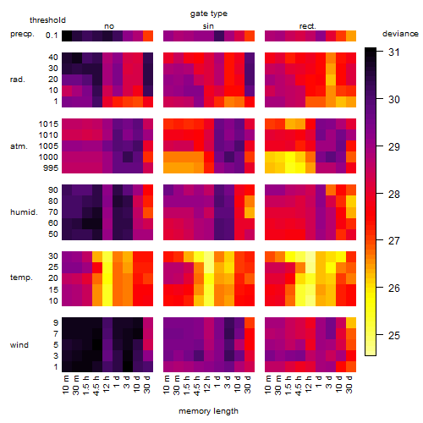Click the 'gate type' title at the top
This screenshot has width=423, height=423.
click(x=209, y=14)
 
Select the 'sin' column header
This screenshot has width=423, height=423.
click(x=208, y=26)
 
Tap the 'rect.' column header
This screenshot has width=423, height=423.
click(x=307, y=26)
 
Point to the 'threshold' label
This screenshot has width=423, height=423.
click(x=47, y=20)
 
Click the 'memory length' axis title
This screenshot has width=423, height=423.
click(x=208, y=411)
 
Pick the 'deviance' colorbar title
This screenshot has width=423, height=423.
click(x=400, y=34)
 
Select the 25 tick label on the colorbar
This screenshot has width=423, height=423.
click(x=394, y=335)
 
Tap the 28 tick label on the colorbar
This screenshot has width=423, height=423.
click(x=394, y=194)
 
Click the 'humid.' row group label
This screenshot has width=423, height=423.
click(x=24, y=212)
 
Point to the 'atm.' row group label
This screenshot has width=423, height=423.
click(x=19, y=146)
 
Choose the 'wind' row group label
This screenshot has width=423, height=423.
click(x=19, y=345)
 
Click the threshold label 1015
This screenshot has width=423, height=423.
click(x=48, y=124)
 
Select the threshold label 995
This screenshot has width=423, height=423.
click(x=51, y=168)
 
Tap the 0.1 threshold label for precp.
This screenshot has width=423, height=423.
click(x=52, y=36)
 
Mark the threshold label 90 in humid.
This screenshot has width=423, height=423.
click(x=53, y=190)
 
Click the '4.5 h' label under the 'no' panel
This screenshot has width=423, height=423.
click(x=96, y=386)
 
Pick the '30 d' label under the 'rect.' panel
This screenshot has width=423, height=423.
click(x=349, y=384)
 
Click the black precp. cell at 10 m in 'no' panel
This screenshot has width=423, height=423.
click(x=67, y=36)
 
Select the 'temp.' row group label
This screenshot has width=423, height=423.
click(x=21, y=277)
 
